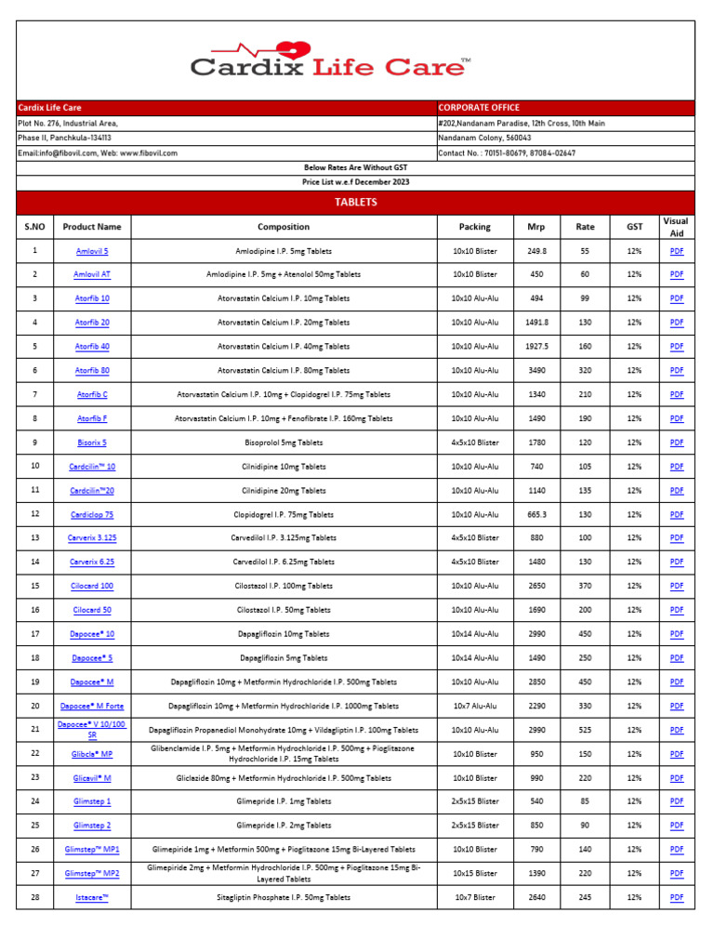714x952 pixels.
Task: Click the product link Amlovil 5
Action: (x=92, y=251)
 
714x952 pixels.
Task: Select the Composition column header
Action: (x=284, y=227)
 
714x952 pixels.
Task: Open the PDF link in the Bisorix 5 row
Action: (x=676, y=443)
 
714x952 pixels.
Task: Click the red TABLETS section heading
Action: (x=355, y=202)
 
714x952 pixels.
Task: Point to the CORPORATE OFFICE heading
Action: (x=479, y=108)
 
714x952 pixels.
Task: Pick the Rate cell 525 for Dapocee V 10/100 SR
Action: (x=585, y=730)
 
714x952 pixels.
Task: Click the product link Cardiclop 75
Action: (x=92, y=515)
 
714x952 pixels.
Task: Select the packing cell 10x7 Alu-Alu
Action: (x=475, y=707)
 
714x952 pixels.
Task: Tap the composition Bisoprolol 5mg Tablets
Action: (x=284, y=443)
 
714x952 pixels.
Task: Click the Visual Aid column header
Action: (x=676, y=227)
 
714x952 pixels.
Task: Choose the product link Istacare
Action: (x=92, y=897)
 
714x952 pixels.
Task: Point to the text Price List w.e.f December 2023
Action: (x=355, y=182)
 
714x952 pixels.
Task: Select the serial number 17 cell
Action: (x=35, y=634)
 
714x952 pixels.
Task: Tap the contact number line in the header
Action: (x=507, y=152)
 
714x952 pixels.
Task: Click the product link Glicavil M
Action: (x=92, y=778)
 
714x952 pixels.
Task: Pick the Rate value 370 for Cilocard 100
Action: (x=585, y=587)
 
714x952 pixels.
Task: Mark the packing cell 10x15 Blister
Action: (x=475, y=874)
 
